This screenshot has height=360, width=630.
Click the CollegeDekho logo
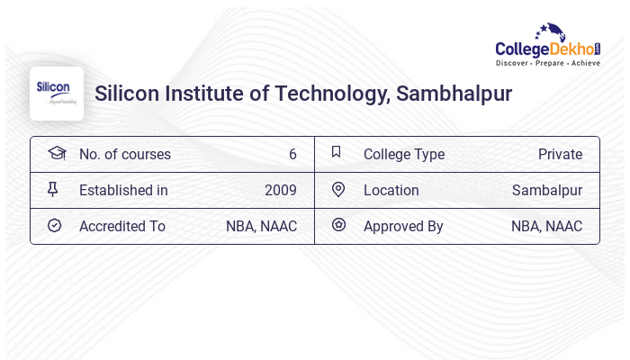[548, 46]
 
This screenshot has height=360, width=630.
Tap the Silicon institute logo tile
[57, 94]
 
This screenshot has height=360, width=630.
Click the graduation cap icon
[56, 153]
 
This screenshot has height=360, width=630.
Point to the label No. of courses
[125, 154]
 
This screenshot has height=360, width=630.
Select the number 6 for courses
[292, 154]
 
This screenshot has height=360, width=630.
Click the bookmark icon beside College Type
[337, 152]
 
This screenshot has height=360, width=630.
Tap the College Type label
[404, 154]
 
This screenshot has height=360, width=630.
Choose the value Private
[560, 154]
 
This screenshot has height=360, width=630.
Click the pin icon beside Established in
[53, 189]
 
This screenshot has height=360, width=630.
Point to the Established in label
[123, 190]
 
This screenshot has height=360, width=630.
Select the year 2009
[281, 190]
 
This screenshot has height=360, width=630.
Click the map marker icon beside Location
[337, 189]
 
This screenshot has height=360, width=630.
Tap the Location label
[391, 190]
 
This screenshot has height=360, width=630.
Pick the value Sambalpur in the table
[547, 190]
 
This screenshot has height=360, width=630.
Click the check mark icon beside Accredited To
[54, 225]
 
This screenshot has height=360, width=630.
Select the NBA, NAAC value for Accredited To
[261, 226]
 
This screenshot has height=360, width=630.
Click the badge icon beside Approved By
[337, 225]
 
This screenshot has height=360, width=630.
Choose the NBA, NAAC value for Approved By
[546, 226]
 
